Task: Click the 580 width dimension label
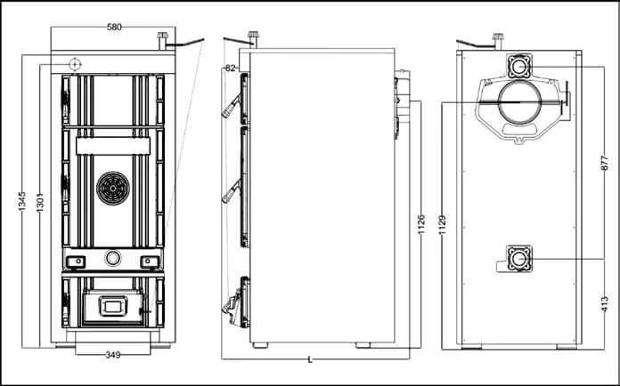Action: point(114,28)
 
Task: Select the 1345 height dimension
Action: point(22,201)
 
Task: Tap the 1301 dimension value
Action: point(40,203)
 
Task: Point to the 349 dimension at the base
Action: point(113,355)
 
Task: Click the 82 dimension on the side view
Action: point(231,68)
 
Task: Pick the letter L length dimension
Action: point(310,359)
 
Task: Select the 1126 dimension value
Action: point(421,224)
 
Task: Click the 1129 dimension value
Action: point(443,225)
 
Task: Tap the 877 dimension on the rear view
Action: point(605,163)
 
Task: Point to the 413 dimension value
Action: point(605,304)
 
